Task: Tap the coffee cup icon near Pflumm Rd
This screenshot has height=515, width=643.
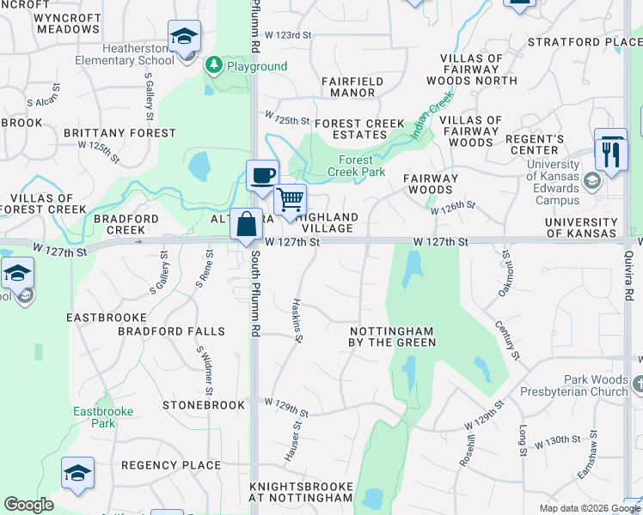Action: (262, 175)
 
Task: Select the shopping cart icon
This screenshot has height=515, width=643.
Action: (291, 199)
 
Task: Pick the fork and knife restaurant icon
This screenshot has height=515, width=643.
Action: (611, 154)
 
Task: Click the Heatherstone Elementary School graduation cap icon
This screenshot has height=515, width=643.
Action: (184, 36)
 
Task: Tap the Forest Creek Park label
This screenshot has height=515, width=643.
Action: (356, 166)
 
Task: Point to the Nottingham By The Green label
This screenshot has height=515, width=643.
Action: (393, 336)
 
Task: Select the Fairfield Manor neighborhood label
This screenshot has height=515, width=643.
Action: (352, 87)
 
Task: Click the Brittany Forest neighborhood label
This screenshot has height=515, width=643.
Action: (119, 133)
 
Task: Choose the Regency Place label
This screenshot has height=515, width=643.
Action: (171, 465)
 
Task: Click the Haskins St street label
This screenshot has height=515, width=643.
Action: (297, 320)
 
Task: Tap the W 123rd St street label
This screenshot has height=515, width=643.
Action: (286, 35)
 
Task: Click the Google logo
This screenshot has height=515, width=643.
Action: (28, 505)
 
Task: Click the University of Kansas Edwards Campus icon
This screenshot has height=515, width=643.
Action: (591, 181)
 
